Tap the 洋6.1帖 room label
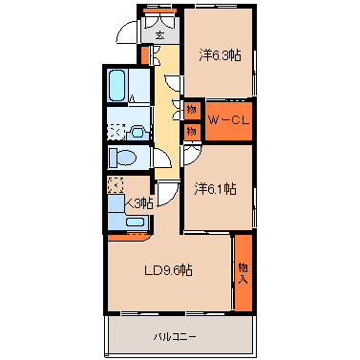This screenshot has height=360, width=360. coord(216,189)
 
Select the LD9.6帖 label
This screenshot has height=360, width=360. coord(168,270)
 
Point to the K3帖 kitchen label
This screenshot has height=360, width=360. coord(139,202)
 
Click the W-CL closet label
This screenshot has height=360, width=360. coord(228,120)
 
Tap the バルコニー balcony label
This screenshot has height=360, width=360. coord(175,336)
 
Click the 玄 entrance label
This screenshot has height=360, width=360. coord(159,35)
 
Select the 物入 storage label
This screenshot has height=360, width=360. coord(244,273)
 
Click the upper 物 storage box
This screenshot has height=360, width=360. coord(192,110)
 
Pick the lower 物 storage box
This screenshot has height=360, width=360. coord(192,132)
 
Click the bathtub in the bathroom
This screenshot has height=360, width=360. coord(116,85)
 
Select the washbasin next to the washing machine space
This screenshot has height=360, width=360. coord(138,132)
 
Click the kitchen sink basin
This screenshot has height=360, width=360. coord(137,222)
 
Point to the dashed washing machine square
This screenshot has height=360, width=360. coord(116,132)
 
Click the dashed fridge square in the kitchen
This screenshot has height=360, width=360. coord(116,185)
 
